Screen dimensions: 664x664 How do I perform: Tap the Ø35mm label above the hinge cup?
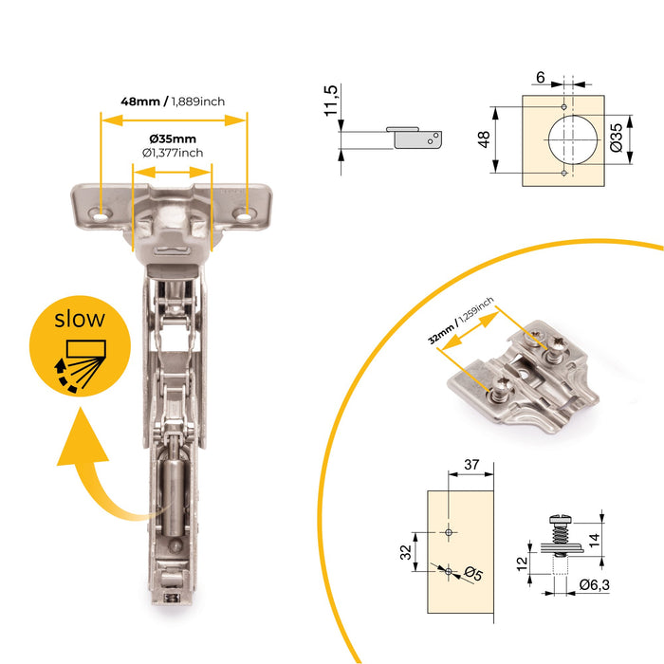pos(172,139)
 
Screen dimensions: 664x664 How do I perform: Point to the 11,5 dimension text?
pos(330,101)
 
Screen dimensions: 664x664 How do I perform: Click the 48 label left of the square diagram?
pos(484,139)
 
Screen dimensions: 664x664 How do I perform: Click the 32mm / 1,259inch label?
pos(461,322)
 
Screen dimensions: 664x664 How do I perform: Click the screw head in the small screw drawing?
pos(560,520)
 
